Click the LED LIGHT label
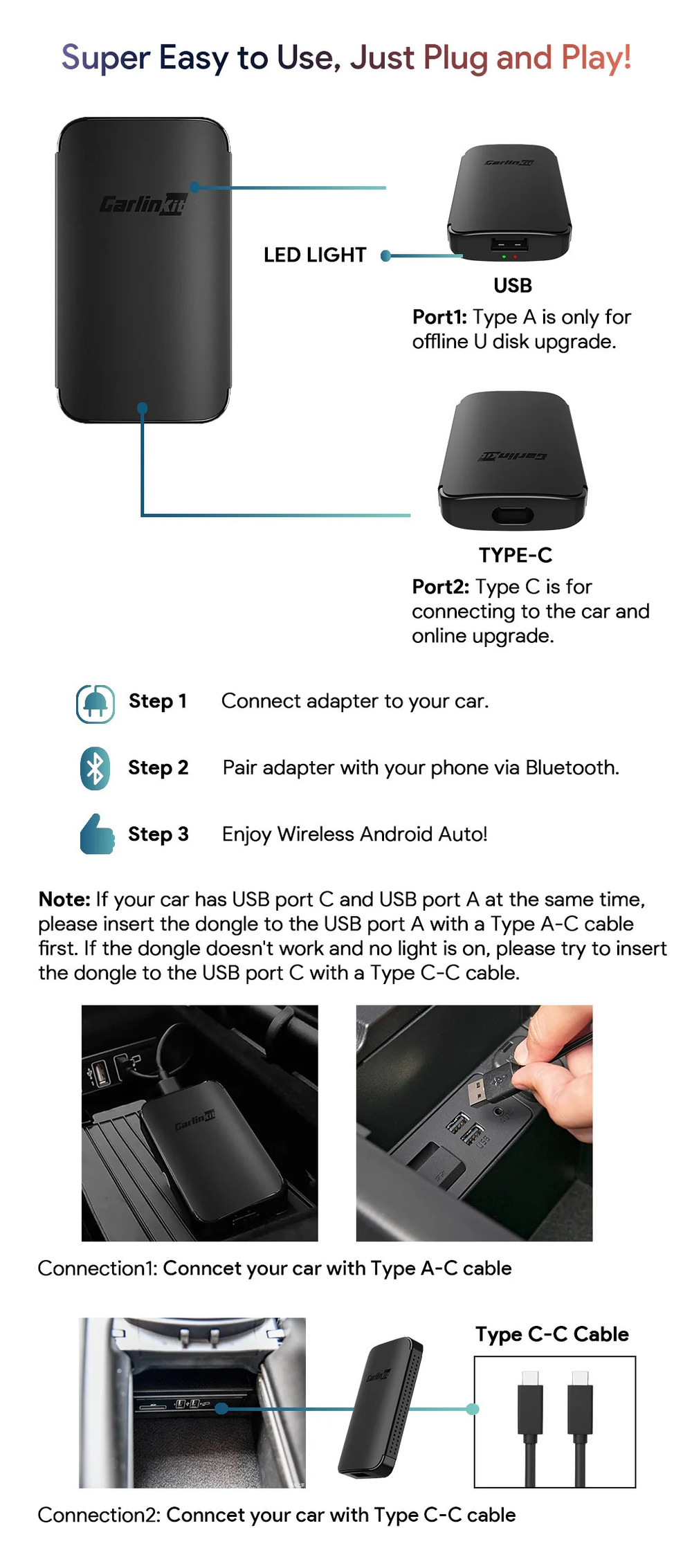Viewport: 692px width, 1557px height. tap(314, 255)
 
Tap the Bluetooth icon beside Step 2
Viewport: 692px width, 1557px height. tap(95, 768)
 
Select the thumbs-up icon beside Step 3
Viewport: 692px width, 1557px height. tap(97, 834)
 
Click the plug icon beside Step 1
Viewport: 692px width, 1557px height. tap(95, 704)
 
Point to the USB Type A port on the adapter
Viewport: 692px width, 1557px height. tap(509, 244)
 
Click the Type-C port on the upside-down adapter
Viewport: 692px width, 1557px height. tap(512, 515)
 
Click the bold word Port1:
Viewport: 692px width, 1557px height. tap(440, 317)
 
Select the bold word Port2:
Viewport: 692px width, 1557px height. tap(440, 587)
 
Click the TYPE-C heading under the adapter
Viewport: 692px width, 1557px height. tap(516, 555)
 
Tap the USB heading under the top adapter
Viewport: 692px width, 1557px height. tap(513, 285)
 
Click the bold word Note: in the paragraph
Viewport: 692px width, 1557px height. tap(64, 899)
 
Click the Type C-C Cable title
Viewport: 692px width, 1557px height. tap(552, 1333)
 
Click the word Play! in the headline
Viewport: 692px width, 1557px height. tap(596, 57)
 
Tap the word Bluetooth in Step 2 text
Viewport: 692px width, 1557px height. tap(571, 767)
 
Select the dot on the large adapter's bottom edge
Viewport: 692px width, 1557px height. tap(143, 408)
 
